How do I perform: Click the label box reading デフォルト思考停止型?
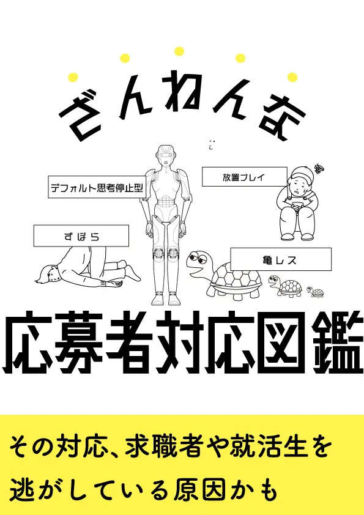[x=97, y=187]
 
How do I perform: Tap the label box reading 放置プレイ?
[x=245, y=177]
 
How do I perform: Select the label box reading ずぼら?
[x=81, y=236]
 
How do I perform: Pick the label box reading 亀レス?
[x=281, y=259]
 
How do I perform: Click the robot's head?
[x=166, y=156]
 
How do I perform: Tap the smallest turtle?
[x=316, y=292]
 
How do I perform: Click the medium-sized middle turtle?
[x=285, y=286]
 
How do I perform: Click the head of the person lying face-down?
[x=48, y=274]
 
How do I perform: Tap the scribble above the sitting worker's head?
[x=319, y=169]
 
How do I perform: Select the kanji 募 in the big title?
[x=79, y=343]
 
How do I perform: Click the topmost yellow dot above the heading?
[x=179, y=51]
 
